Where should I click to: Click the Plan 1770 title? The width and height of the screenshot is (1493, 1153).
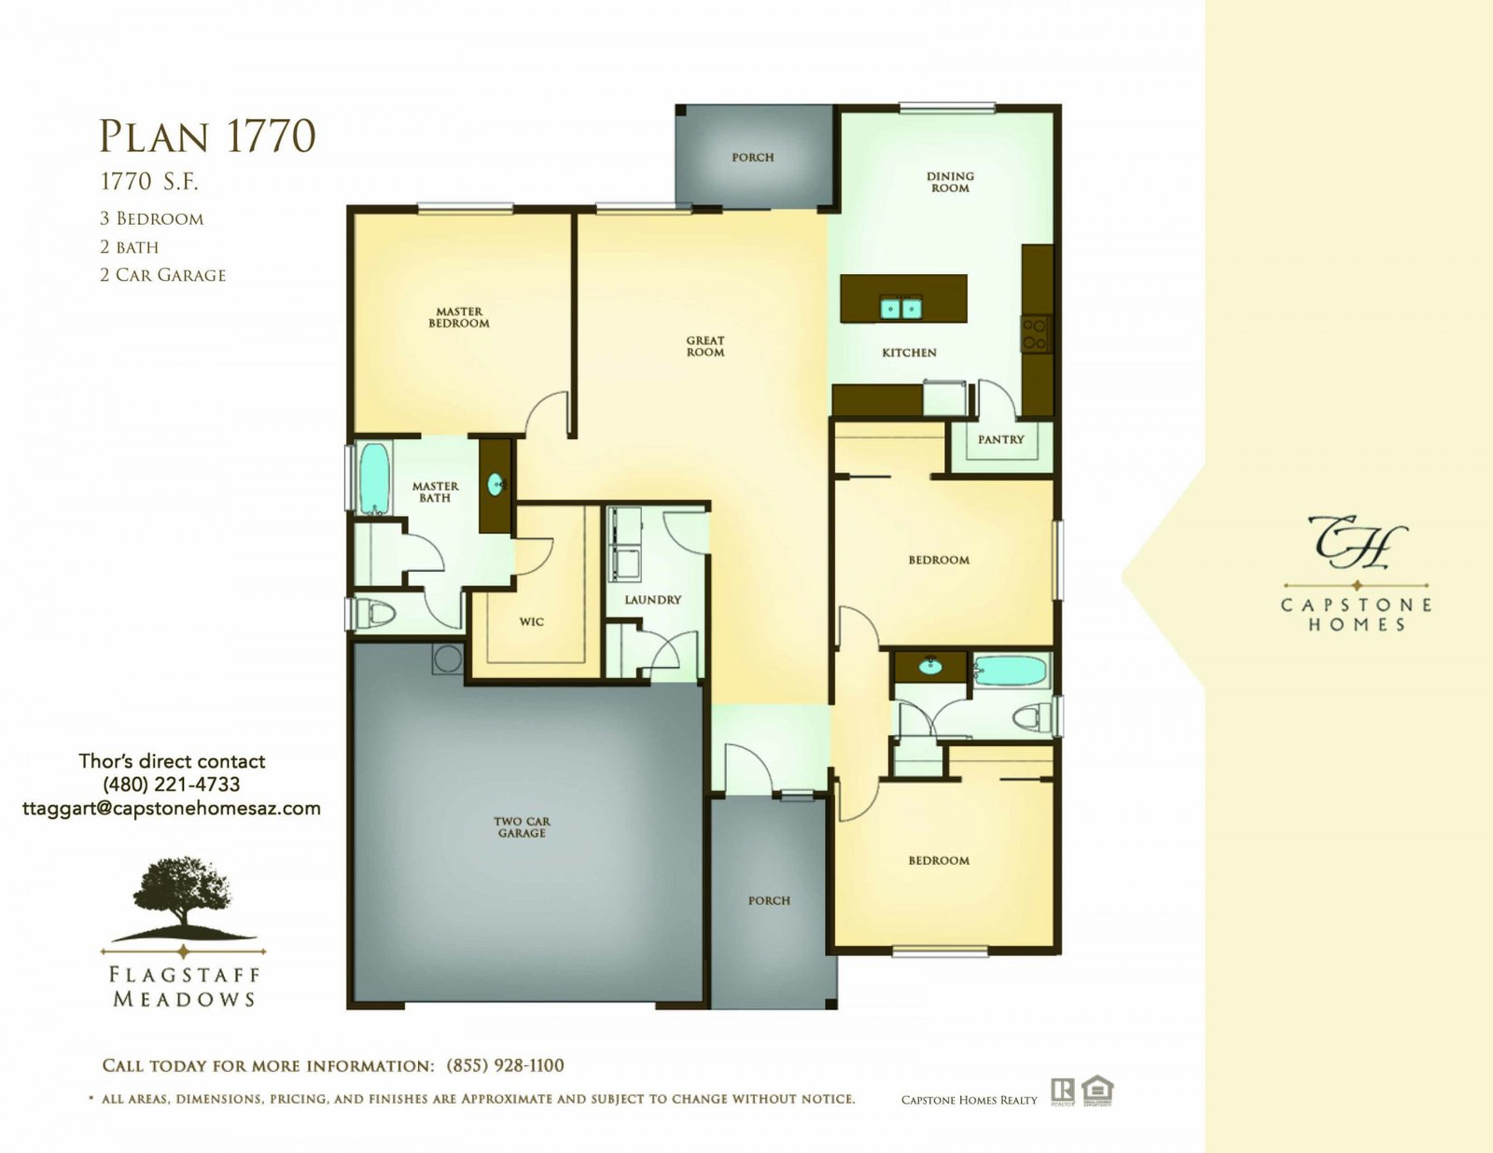pos(207,135)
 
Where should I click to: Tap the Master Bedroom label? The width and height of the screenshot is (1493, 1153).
pos(459,317)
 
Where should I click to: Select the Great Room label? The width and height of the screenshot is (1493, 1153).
pos(705,346)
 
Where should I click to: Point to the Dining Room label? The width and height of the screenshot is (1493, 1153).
pos(950,182)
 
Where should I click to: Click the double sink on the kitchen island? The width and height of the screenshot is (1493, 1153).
pos(900,309)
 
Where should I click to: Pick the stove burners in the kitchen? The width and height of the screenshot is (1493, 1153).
pos(1036,334)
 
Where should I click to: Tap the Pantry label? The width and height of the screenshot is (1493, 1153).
pos(1001,439)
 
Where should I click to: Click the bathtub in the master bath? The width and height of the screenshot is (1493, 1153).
pos(374,479)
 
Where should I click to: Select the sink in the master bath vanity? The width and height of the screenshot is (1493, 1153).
pos(496,484)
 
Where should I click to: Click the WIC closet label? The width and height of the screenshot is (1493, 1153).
pos(531,622)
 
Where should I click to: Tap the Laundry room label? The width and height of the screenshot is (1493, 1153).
pos(652,600)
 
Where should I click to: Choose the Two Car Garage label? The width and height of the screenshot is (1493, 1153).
pos(522,827)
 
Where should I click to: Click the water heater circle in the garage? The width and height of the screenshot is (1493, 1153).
pos(447,660)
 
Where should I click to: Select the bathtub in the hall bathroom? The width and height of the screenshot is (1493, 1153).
pos(1010,671)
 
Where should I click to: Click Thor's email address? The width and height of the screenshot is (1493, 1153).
pos(172,808)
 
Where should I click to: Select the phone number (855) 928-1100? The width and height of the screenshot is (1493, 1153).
pos(505,1065)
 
